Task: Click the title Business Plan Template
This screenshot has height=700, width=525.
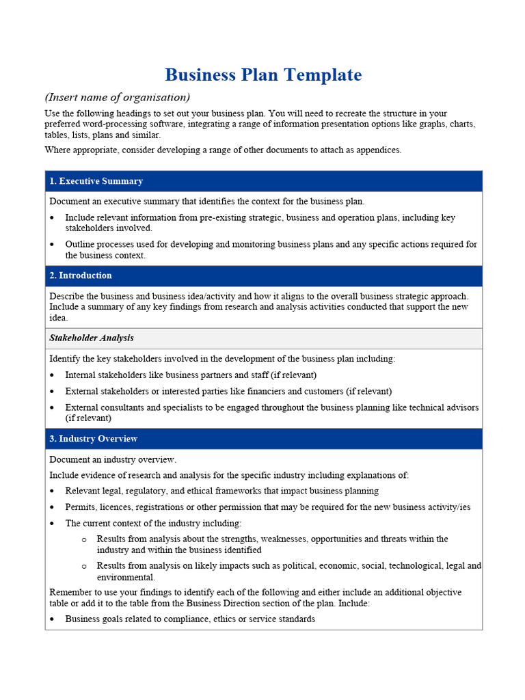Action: pos(263,75)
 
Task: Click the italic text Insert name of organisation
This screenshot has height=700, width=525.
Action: pos(117,96)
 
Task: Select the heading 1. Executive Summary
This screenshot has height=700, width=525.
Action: pos(96,181)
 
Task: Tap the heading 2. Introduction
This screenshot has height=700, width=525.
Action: pos(80,275)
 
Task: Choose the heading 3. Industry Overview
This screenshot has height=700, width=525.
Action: pos(93,439)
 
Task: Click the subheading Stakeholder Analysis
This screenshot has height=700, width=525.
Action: pos(92,338)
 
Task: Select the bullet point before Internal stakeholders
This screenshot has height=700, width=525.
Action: pos(53,375)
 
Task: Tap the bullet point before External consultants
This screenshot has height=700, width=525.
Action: pos(53,407)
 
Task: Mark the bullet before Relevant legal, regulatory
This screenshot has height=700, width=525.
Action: pos(53,491)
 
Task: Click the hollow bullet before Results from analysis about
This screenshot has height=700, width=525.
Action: pos(84,539)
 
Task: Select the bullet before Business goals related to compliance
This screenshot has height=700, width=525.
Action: pos(53,619)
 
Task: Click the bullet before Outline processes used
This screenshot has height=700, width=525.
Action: pos(53,245)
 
